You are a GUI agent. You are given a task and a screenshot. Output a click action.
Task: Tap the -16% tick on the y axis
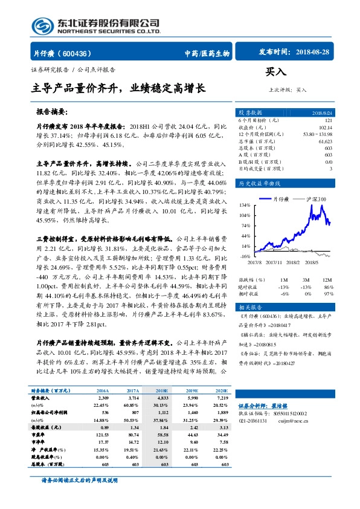(x=245, y=256)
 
